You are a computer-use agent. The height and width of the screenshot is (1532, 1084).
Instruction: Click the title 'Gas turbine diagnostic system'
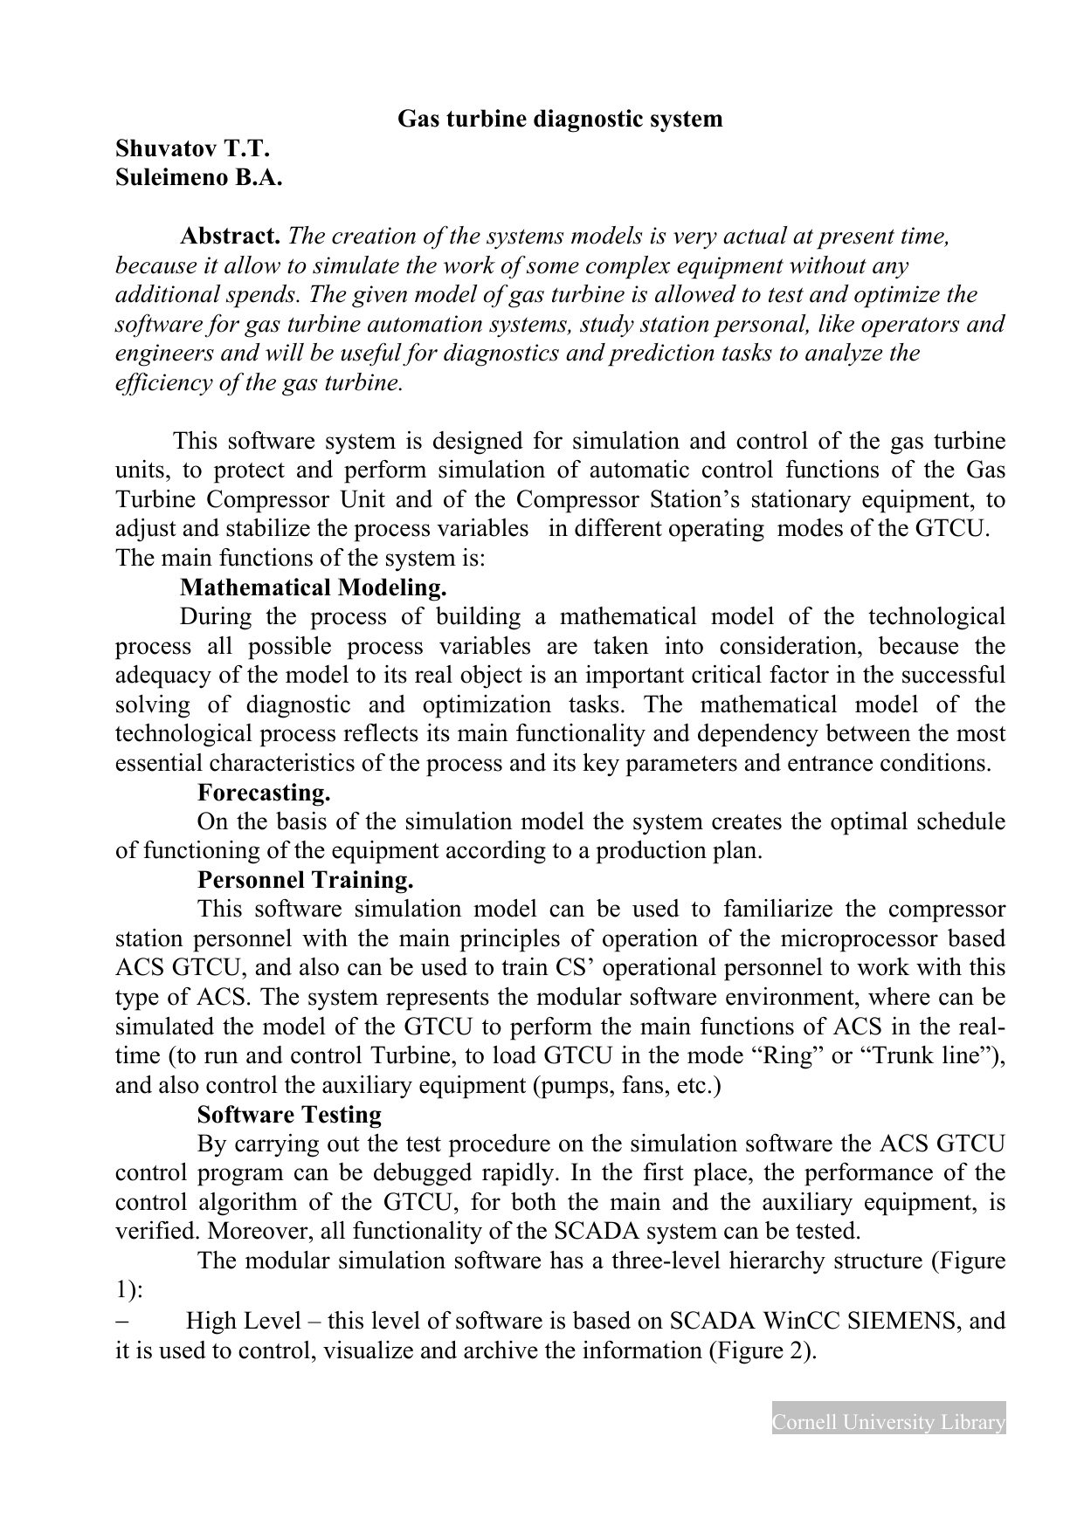(x=560, y=120)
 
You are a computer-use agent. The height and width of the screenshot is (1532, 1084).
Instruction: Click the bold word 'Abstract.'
(x=231, y=237)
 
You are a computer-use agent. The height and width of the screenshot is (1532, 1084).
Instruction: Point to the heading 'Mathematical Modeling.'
(x=314, y=587)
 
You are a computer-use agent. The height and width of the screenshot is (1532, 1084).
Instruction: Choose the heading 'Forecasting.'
(x=264, y=793)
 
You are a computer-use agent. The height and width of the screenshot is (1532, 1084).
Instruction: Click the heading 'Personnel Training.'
(x=306, y=879)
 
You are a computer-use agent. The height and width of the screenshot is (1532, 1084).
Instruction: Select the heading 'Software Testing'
(x=289, y=1115)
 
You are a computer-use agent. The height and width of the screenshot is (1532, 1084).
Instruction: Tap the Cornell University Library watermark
(x=888, y=1423)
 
